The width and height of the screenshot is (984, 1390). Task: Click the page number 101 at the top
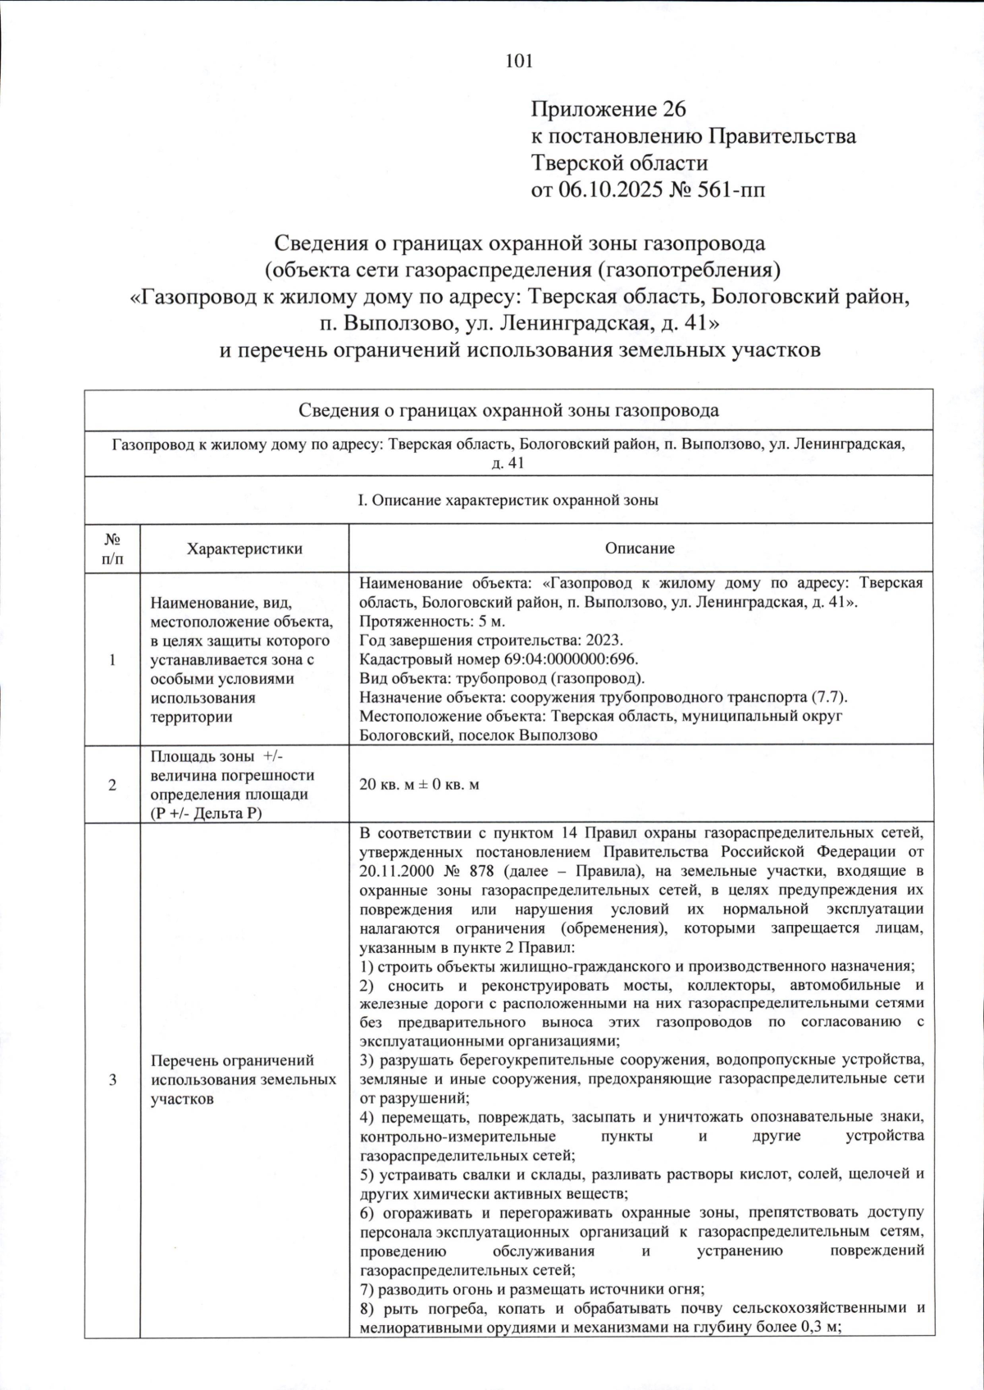pos(520,60)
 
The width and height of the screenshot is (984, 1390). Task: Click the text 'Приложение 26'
pos(608,109)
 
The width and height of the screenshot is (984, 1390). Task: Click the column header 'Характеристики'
pos(244,549)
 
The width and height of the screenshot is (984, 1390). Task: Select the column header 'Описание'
pos(640,549)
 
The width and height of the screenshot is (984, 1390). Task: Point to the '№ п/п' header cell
pos(112,549)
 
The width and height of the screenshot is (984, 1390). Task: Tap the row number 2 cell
pos(112,785)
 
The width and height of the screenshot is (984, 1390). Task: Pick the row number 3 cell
pos(112,1080)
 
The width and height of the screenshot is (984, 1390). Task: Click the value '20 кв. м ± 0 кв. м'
pos(420,785)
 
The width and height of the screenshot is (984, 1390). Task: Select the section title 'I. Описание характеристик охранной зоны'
pos(508,499)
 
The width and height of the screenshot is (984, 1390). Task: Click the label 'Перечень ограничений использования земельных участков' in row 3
pos(244,1080)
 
